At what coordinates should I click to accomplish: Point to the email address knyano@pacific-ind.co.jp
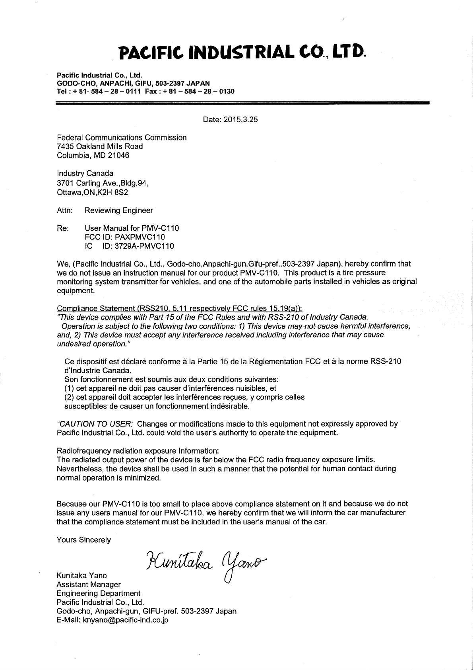point(125,620)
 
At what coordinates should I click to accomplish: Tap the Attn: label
point(64,210)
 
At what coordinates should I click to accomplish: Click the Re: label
point(63,228)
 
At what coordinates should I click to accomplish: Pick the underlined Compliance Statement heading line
point(180,309)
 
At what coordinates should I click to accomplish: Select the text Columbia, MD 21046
point(93,156)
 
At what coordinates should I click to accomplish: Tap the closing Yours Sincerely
point(84,540)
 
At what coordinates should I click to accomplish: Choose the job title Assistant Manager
point(89,584)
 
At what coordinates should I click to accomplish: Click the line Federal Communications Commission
point(122,138)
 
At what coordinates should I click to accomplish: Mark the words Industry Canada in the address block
point(85,173)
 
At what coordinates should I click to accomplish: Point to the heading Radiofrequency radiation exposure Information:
point(138,451)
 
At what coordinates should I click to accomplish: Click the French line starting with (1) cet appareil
point(170,388)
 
